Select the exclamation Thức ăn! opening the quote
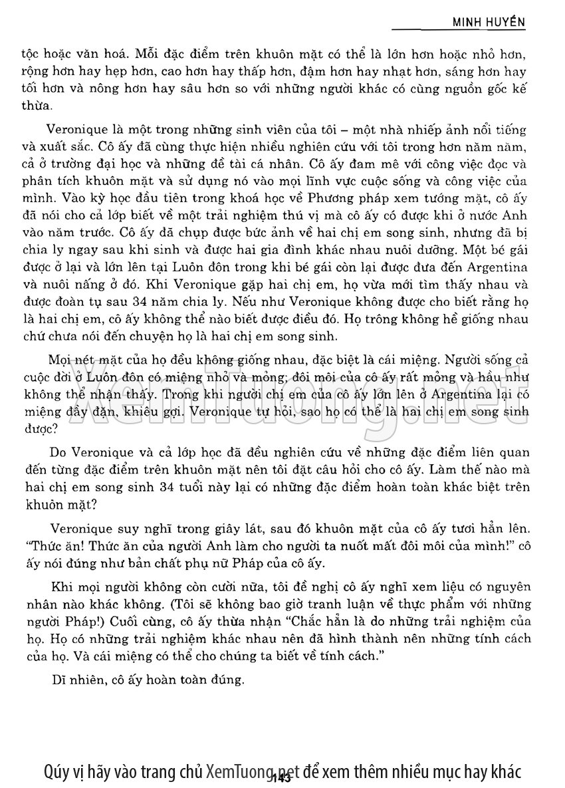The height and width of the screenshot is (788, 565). [68, 547]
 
